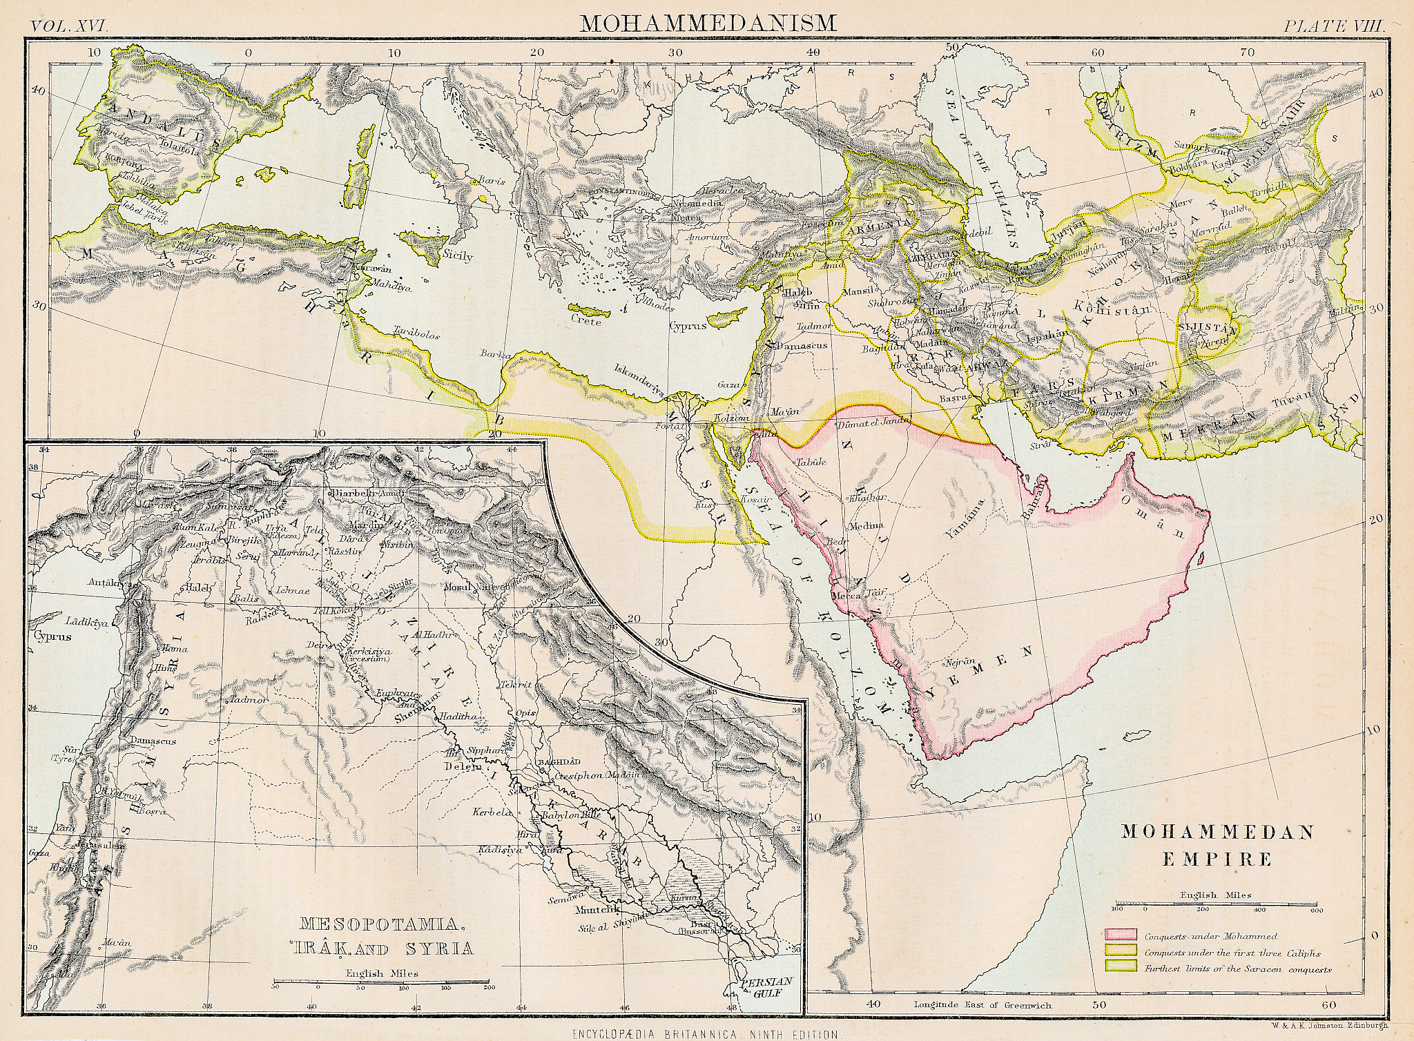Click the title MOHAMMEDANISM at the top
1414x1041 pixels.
[708, 23]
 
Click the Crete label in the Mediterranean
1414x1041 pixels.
[586, 320]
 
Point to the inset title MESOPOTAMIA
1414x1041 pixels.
[379, 923]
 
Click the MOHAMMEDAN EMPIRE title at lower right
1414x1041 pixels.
[1217, 845]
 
